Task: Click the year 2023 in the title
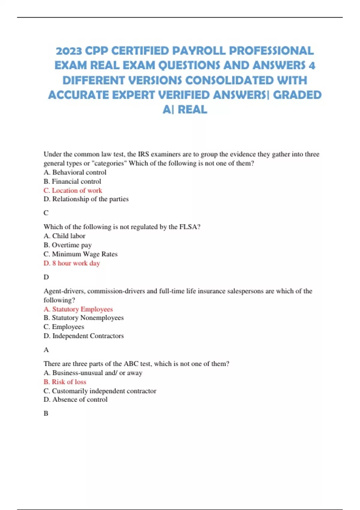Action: tap(69, 51)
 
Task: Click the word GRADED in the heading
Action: tap(297, 95)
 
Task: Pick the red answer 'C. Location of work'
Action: tap(73, 190)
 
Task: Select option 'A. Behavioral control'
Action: tap(75, 172)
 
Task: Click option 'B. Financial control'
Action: tap(72, 181)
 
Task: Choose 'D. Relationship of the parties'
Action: tap(86, 199)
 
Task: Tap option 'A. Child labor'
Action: tap(64, 236)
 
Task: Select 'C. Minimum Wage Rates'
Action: tap(80, 254)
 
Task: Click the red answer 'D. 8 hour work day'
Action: tap(72, 263)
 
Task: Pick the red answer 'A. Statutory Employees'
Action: tap(78, 309)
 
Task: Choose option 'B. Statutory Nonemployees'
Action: tap(84, 318)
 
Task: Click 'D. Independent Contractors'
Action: tap(84, 336)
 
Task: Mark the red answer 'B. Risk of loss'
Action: tap(65, 382)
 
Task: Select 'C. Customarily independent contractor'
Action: tap(100, 391)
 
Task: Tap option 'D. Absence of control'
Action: tap(76, 400)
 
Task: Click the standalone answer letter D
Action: tap(46, 277)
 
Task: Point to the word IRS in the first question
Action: tap(143, 154)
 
